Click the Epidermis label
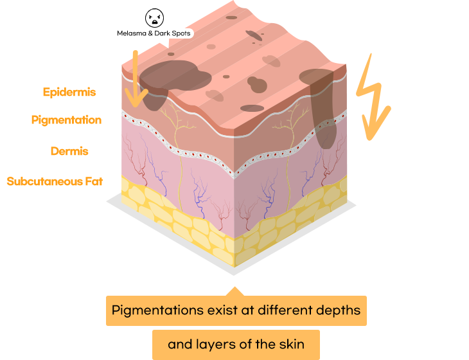(x=69, y=92)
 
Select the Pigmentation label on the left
(x=66, y=120)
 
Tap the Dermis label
(x=69, y=152)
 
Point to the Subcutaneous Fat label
(x=55, y=181)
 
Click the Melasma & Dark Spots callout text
(x=154, y=33)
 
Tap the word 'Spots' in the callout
(x=179, y=33)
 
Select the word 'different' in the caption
(x=284, y=310)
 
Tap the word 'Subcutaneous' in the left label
(x=44, y=181)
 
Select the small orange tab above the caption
(x=235, y=291)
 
